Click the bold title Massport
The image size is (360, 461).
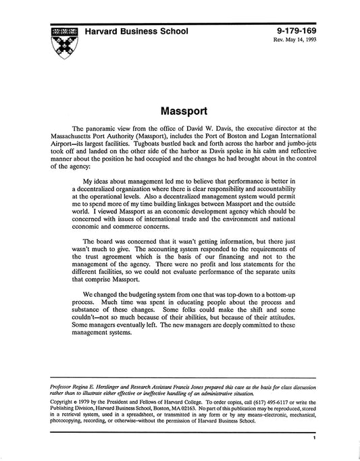coord(180,108)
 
